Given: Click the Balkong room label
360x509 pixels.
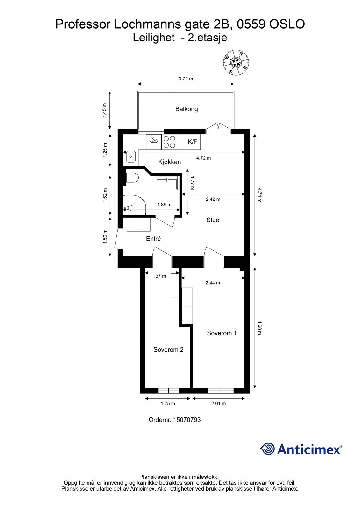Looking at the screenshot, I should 187,109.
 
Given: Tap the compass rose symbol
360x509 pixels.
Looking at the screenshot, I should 236,62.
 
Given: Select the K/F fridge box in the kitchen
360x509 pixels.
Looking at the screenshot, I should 193,142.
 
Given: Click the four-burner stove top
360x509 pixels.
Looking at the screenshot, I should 169,142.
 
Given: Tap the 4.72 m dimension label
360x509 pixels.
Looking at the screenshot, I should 203,158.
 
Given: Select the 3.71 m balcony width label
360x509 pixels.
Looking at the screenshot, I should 186,79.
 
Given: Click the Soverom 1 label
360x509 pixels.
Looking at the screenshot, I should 222,333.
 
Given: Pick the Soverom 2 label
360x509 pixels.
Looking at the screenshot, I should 168,349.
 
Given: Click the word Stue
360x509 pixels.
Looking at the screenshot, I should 213,220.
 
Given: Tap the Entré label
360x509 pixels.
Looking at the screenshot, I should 153,239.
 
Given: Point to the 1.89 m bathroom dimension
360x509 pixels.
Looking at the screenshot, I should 164,205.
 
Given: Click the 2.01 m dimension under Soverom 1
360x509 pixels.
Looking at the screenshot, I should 218,403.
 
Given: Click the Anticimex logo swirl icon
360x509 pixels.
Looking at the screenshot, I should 267,449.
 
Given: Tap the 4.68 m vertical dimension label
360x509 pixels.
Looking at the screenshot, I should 259,328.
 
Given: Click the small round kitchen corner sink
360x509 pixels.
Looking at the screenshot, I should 131,156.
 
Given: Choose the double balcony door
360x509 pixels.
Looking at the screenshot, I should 218,127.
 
